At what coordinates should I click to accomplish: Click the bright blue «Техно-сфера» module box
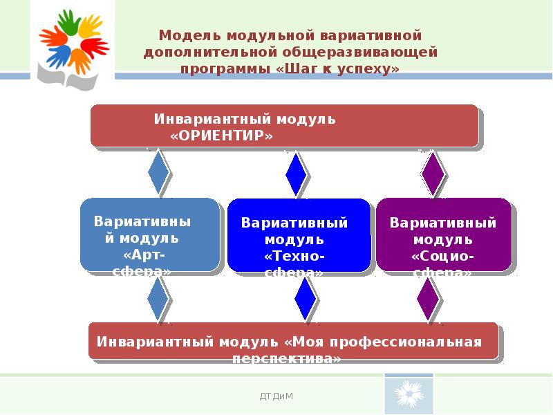[299, 235]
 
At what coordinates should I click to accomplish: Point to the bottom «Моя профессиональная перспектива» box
[293, 340]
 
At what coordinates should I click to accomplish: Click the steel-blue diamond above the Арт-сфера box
[158, 173]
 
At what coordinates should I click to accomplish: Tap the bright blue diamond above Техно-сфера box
[296, 174]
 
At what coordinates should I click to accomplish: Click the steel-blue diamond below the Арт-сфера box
[158, 299]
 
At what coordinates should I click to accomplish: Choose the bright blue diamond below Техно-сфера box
[305, 300]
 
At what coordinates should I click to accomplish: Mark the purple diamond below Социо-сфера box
[429, 299]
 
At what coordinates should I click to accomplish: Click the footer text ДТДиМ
[276, 396]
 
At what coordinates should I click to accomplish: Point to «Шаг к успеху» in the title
[337, 69]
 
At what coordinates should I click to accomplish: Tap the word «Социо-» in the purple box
[443, 256]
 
